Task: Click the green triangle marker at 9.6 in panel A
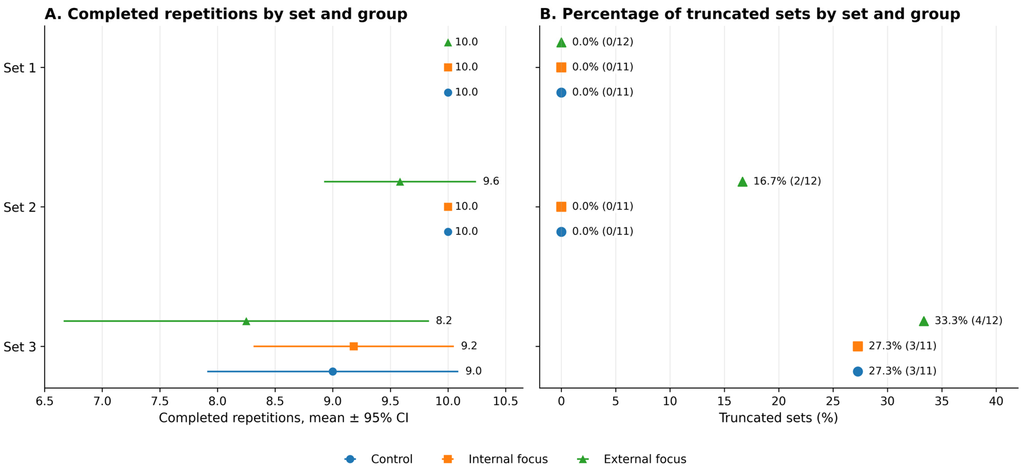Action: click(x=400, y=181)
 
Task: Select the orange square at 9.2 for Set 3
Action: click(x=354, y=346)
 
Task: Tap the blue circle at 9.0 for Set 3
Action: click(x=333, y=371)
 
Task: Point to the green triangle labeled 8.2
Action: click(x=246, y=321)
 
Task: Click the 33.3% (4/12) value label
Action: click(x=968, y=321)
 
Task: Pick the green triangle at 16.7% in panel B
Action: click(x=742, y=181)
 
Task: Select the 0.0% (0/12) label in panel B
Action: click(x=602, y=42)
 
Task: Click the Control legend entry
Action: click(x=378, y=459)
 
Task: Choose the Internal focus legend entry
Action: click(x=495, y=459)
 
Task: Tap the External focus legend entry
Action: click(x=631, y=459)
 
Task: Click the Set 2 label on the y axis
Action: click(x=20, y=207)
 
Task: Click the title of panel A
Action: click(x=226, y=14)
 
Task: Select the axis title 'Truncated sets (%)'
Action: click(x=778, y=418)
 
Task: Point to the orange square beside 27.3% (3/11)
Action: click(x=858, y=346)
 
